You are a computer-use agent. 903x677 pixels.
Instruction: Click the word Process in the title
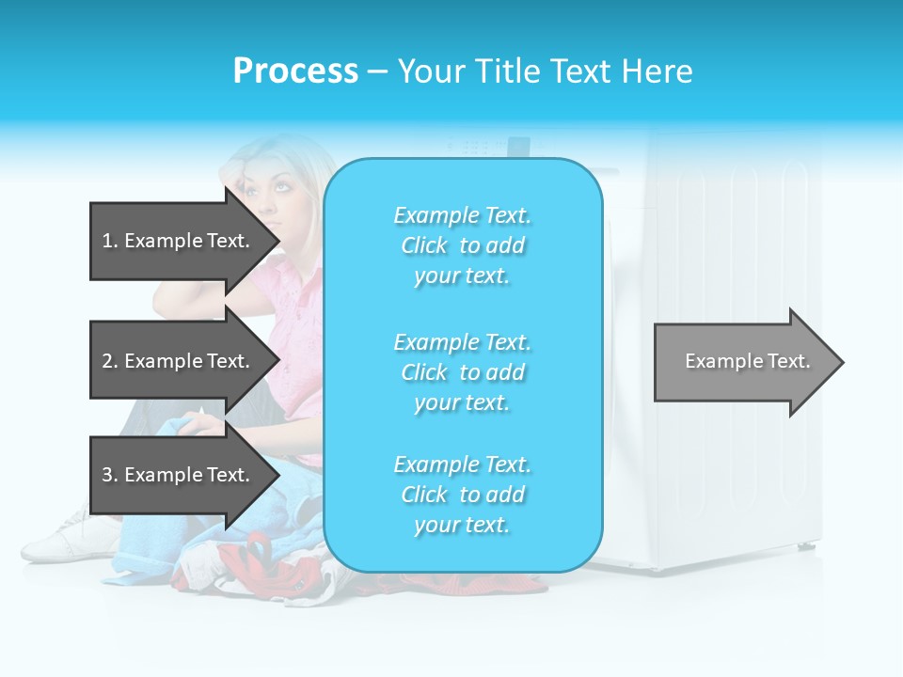(x=295, y=71)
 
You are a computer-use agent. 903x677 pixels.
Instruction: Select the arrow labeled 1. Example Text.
(x=176, y=241)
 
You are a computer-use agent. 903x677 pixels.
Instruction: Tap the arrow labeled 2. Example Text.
(x=176, y=361)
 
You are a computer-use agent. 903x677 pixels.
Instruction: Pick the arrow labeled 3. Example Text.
(x=176, y=475)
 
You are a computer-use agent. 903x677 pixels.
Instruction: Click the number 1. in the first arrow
(x=109, y=241)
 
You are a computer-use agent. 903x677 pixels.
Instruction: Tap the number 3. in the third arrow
(x=109, y=475)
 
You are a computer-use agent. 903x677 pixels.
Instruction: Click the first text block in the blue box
(x=462, y=245)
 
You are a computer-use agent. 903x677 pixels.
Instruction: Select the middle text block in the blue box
(x=462, y=372)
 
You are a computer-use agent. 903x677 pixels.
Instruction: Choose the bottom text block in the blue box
(x=462, y=495)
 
